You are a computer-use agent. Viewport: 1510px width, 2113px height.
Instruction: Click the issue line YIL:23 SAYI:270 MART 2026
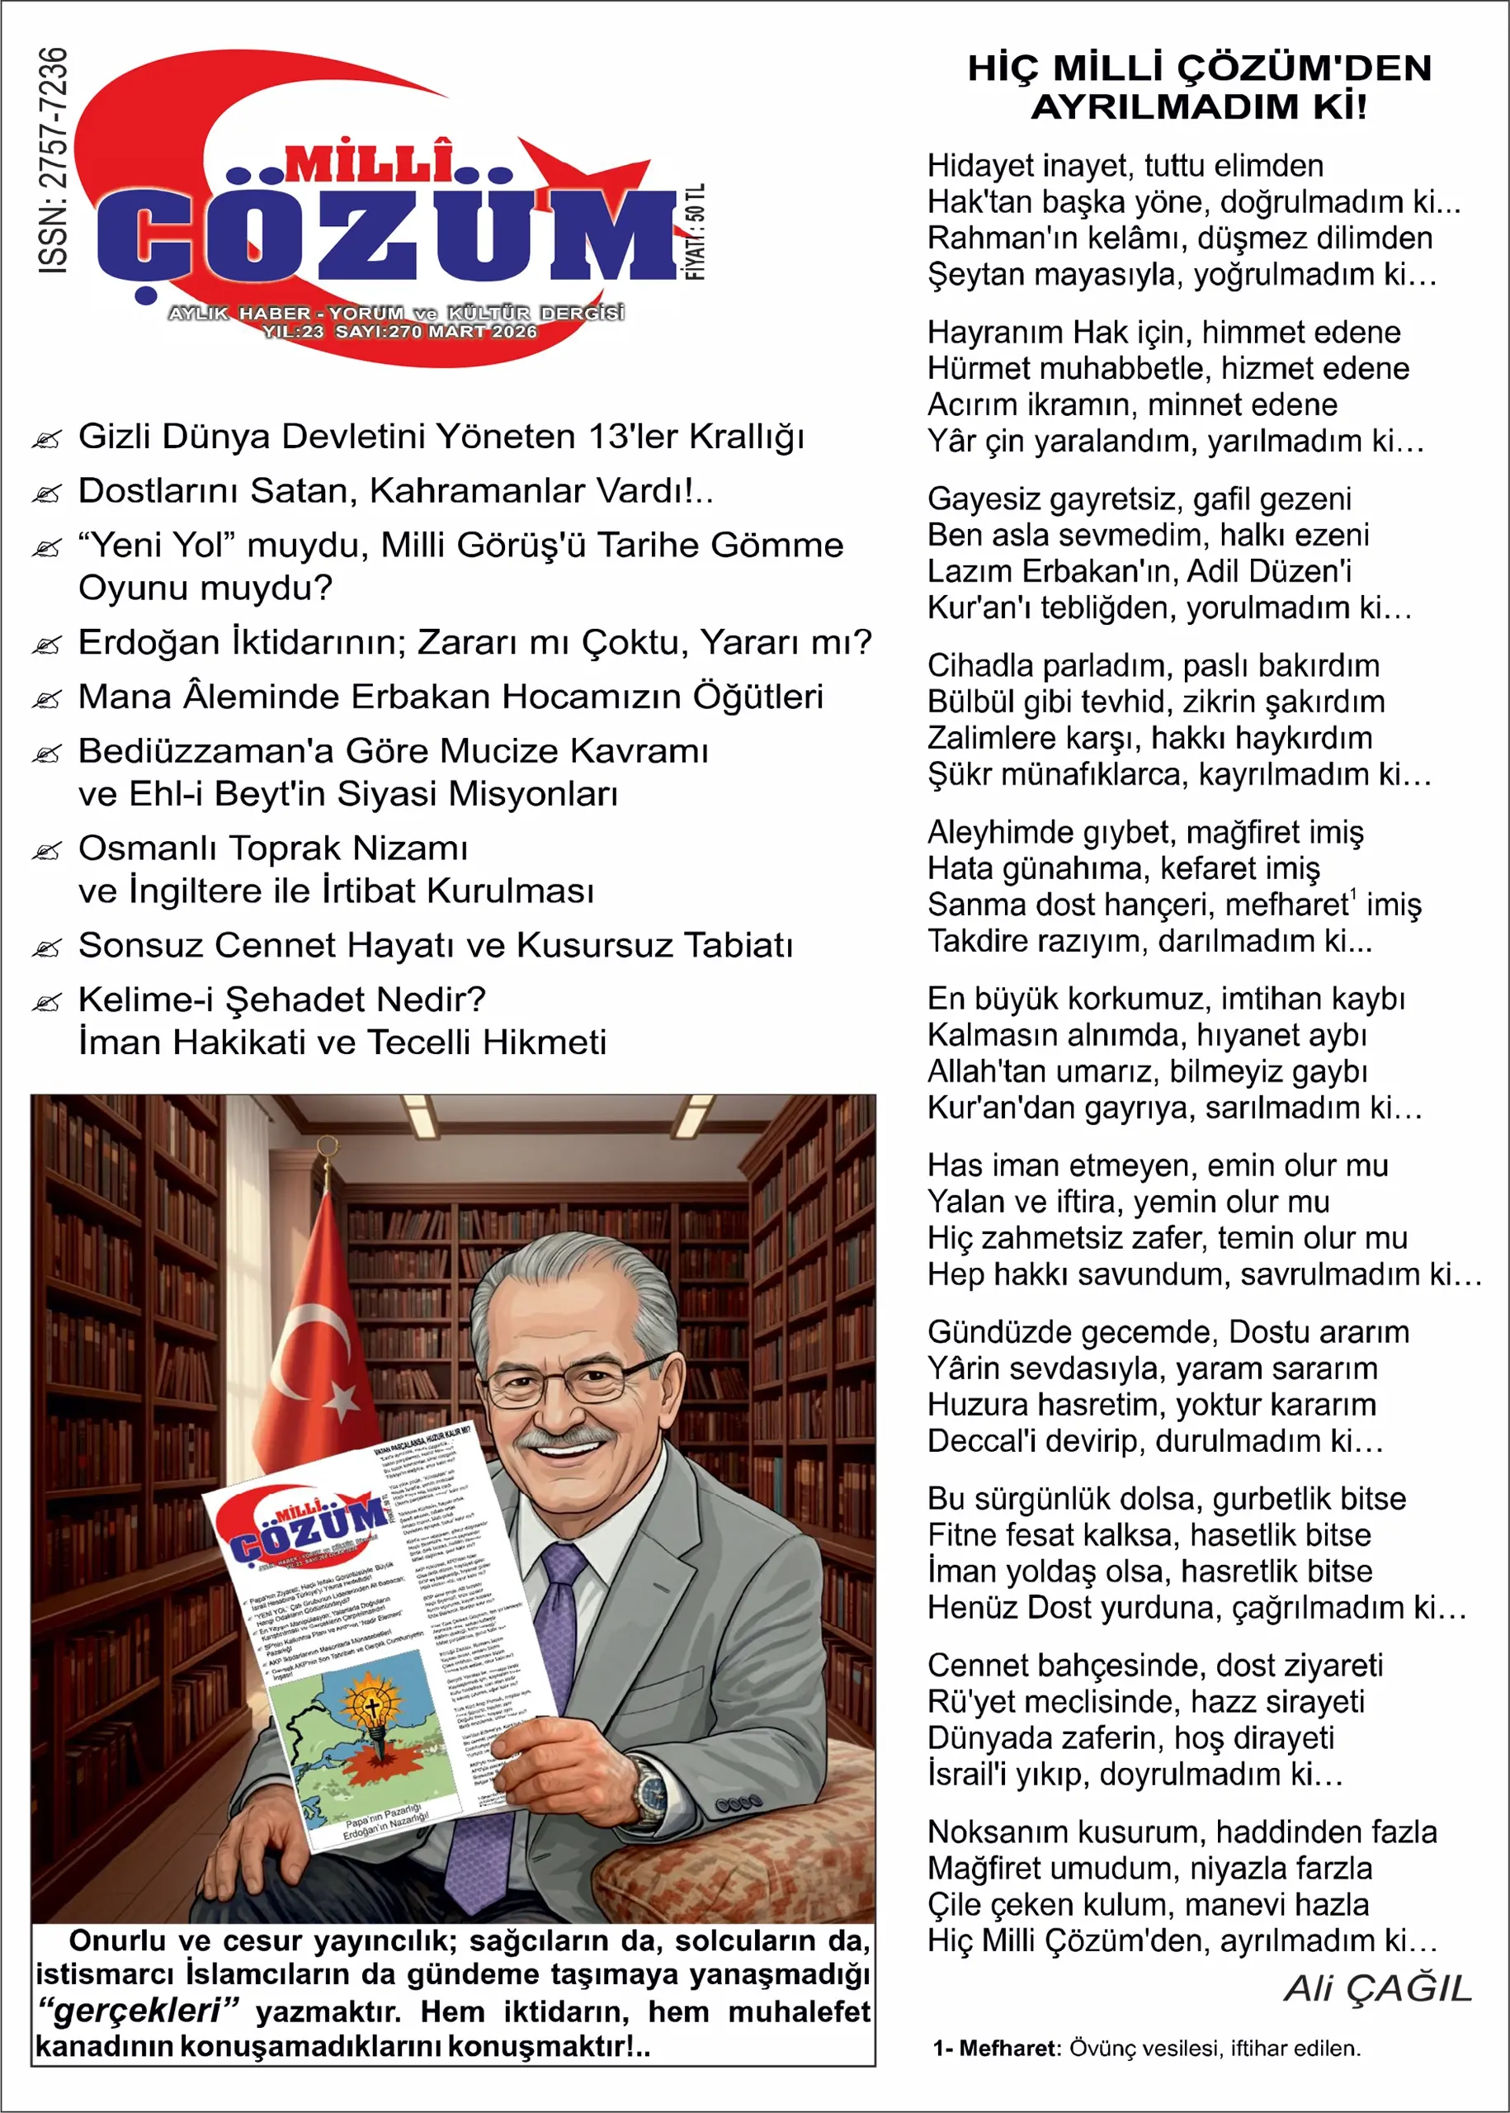click(x=400, y=332)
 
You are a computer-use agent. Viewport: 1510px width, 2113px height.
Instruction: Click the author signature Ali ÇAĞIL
click(x=1378, y=1988)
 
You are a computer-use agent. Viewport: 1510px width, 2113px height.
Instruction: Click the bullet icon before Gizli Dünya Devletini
click(x=46, y=439)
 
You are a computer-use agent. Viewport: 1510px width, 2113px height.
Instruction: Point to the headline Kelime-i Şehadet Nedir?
click(x=281, y=1000)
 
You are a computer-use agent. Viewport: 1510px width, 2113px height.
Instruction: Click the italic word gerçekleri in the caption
click(x=138, y=2010)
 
